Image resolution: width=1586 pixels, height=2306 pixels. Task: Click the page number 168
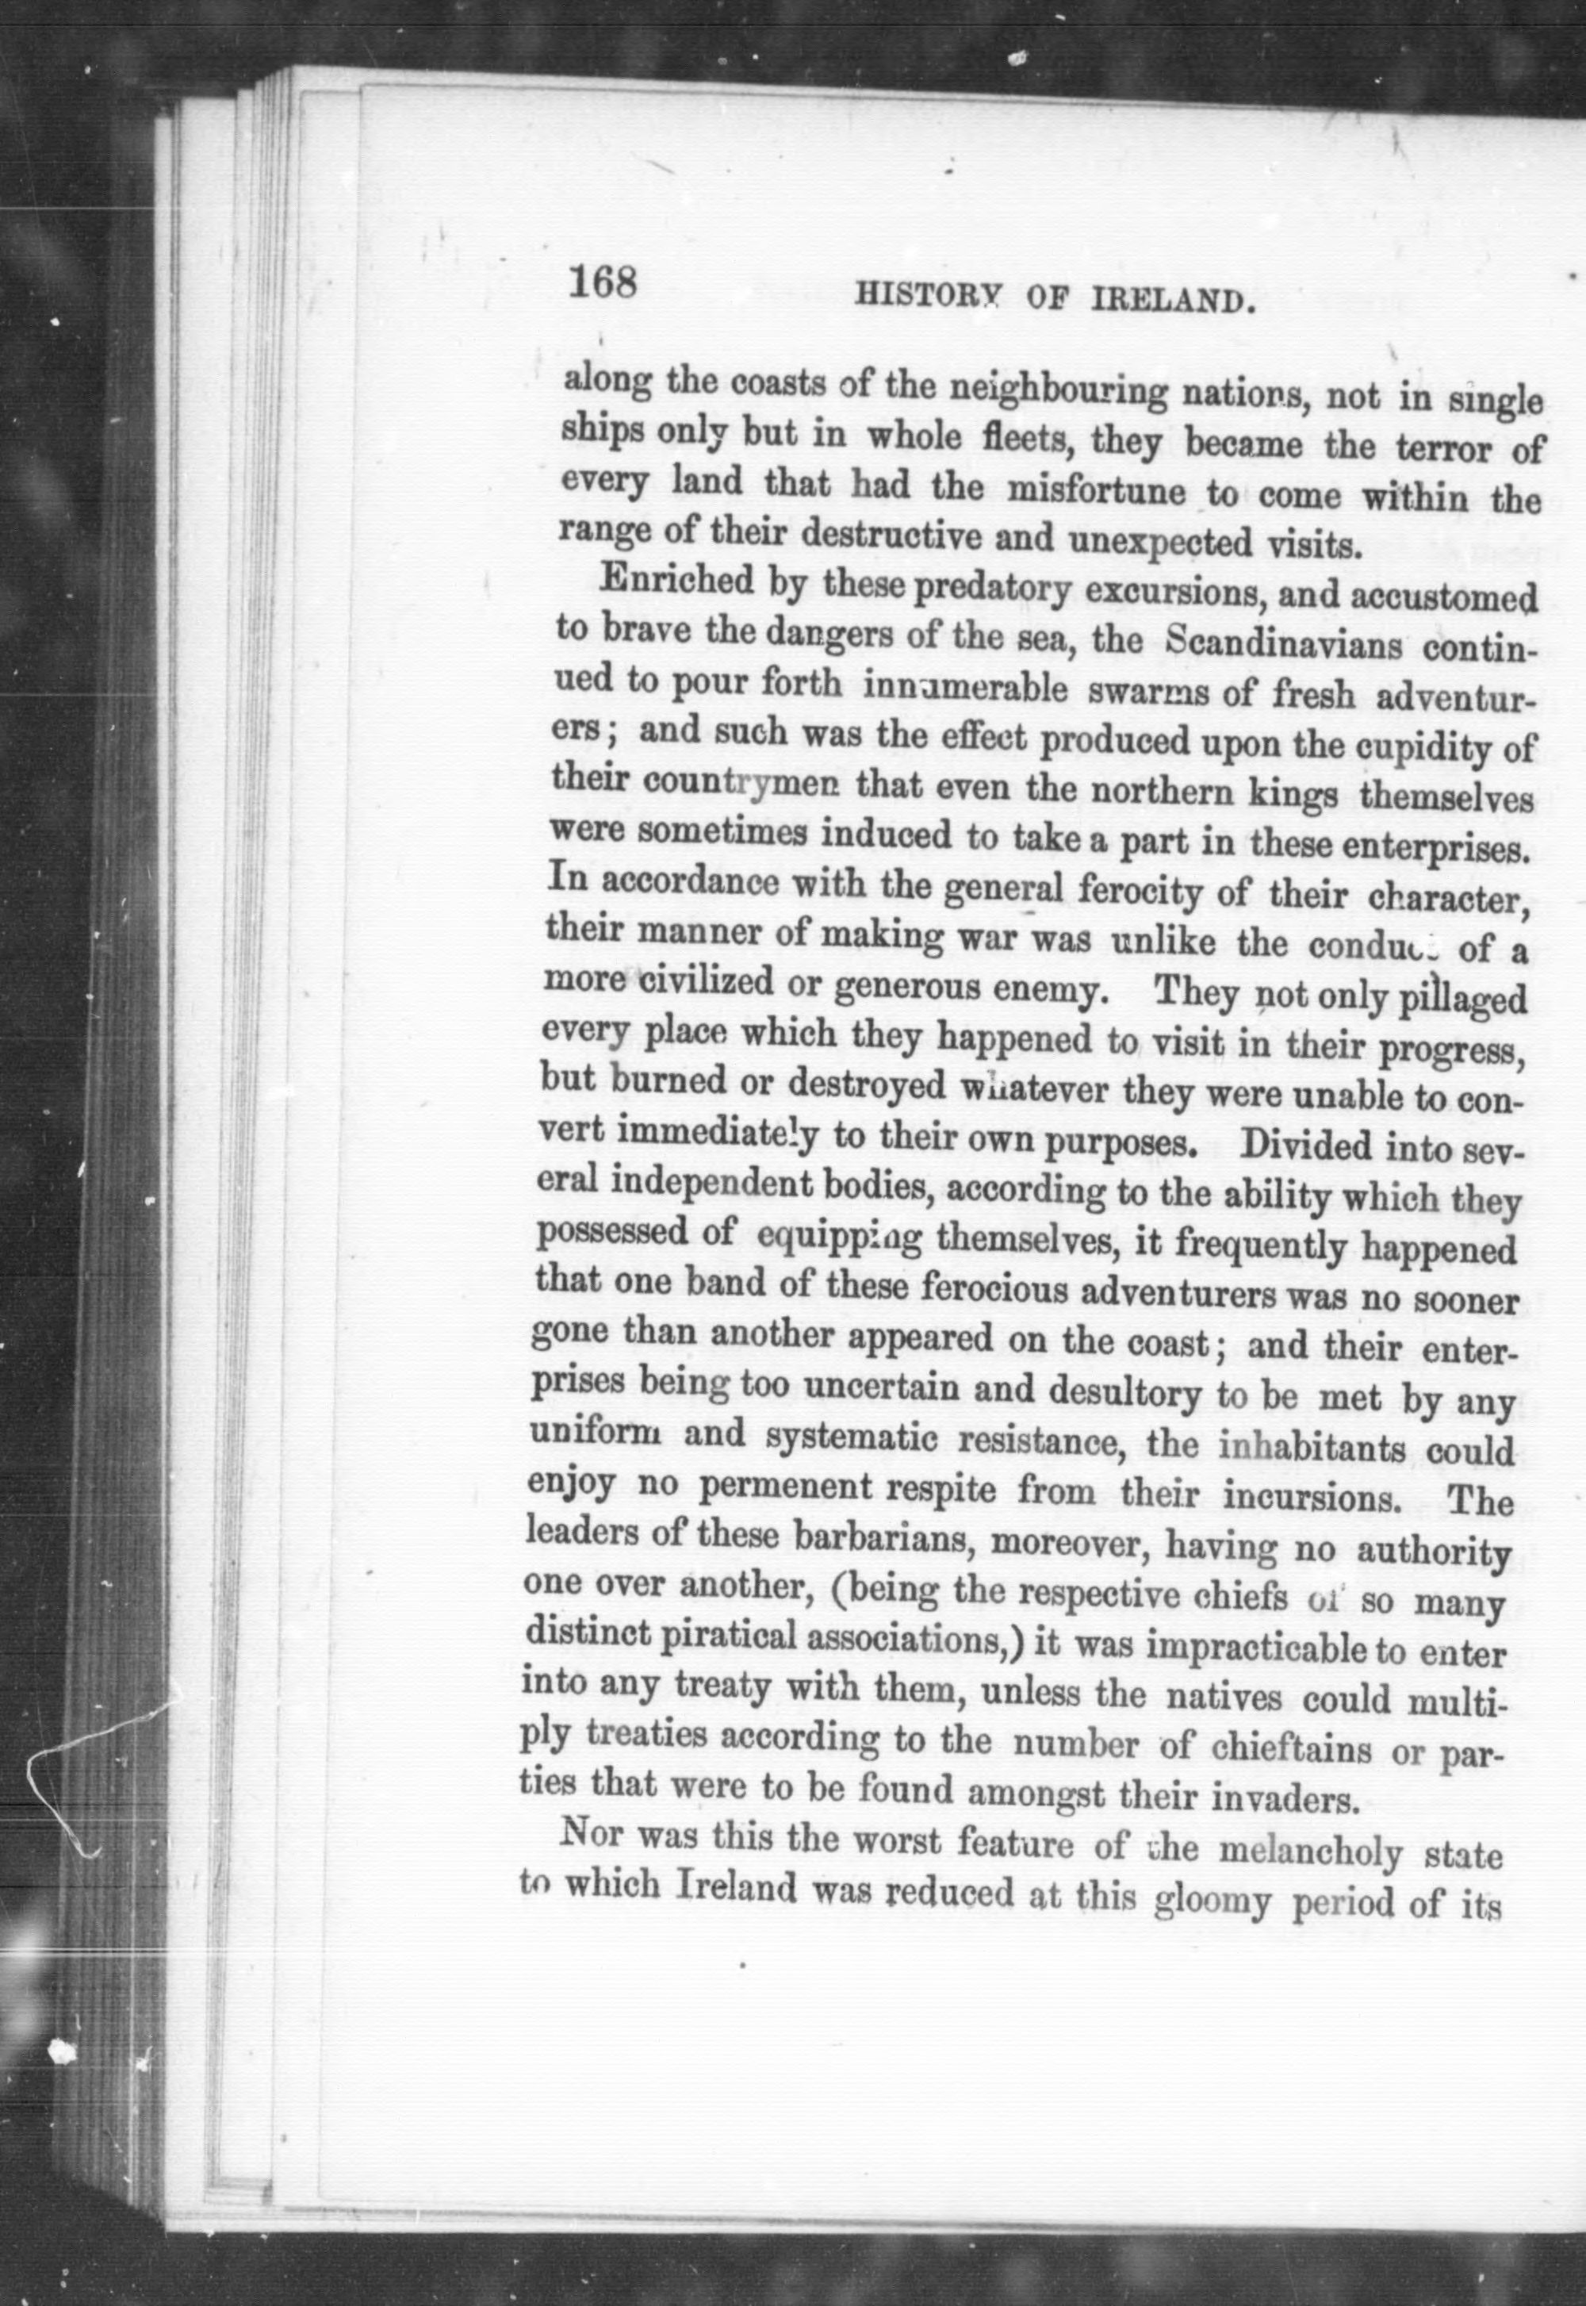602,283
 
